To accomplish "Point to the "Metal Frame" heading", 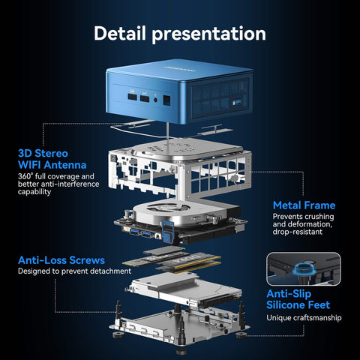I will (x=304, y=205).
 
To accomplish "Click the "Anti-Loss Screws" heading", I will (x=61, y=259).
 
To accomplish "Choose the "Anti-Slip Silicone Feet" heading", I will (x=300, y=299).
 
